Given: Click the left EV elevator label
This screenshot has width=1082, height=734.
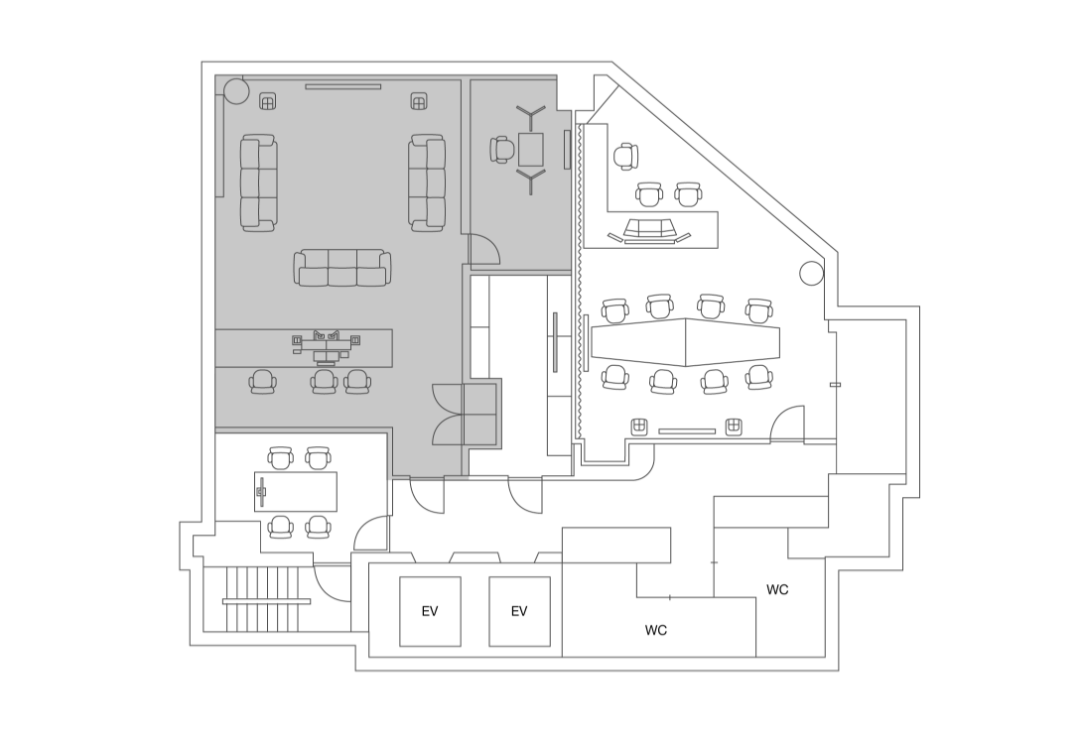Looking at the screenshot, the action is (x=429, y=611).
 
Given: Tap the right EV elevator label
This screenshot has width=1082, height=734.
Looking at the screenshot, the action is (x=519, y=611).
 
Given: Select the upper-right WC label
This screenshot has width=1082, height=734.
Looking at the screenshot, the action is (x=777, y=590).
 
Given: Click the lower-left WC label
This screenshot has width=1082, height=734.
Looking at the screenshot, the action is (x=655, y=630).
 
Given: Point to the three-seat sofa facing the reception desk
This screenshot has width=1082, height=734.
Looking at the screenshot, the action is (x=342, y=268).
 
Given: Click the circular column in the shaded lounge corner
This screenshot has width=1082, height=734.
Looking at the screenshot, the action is (x=235, y=89).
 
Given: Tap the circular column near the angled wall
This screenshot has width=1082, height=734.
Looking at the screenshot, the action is (x=812, y=274).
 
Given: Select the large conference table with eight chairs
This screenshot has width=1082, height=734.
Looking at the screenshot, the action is (x=685, y=342).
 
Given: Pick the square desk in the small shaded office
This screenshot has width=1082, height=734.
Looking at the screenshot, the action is (x=531, y=150).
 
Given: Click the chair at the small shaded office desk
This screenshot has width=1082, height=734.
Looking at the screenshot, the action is (x=503, y=150).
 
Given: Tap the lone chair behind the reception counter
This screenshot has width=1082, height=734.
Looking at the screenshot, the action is (x=262, y=382).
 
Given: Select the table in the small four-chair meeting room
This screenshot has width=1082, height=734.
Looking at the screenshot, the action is (x=296, y=491).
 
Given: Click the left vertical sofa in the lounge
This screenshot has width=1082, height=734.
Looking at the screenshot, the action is (x=259, y=182).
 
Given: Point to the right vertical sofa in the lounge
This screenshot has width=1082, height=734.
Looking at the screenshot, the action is (x=427, y=182).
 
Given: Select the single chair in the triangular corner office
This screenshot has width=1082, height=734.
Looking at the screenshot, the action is (x=625, y=157).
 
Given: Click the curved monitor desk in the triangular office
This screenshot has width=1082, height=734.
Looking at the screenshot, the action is (x=648, y=230).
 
